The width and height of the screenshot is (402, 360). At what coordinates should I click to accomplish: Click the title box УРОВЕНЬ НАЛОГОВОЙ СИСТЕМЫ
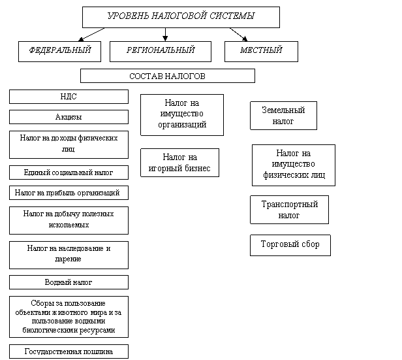[181, 17]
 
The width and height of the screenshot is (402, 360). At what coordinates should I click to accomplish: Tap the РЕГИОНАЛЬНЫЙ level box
[161, 51]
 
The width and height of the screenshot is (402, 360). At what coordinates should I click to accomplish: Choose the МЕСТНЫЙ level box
[261, 51]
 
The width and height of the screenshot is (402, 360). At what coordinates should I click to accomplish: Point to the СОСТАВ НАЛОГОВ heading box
[167, 76]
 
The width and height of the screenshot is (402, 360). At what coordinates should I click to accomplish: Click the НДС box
[69, 97]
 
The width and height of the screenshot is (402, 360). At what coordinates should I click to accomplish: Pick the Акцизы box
[69, 117]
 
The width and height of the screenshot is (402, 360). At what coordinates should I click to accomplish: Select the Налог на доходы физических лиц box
[69, 144]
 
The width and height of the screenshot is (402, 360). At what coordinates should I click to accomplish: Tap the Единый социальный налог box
[69, 172]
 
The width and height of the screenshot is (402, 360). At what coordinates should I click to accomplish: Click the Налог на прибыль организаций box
[69, 193]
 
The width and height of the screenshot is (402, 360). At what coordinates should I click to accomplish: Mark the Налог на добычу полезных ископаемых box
[69, 220]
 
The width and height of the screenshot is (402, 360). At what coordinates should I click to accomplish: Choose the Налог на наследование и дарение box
[69, 254]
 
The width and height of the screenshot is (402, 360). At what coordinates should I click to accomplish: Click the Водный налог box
[69, 282]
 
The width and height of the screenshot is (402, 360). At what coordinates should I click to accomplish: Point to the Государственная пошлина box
[69, 352]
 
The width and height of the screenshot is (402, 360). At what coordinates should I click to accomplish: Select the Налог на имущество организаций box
[181, 114]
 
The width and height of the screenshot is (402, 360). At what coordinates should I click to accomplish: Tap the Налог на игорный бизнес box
[179, 163]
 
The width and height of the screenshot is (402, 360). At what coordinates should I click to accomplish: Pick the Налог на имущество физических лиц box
[293, 165]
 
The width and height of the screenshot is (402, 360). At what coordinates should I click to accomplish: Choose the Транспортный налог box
[289, 209]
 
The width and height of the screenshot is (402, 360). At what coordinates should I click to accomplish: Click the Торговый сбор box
[290, 245]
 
